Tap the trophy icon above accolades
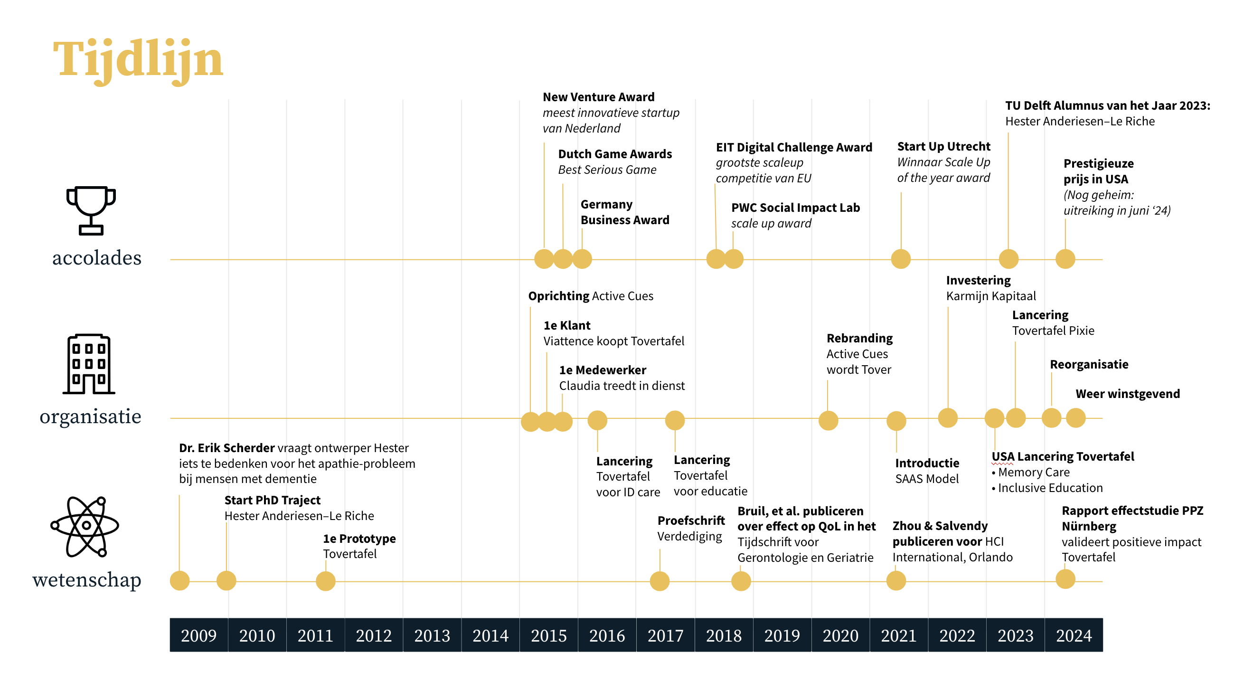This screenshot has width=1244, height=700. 91,210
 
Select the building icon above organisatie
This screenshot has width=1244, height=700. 89,364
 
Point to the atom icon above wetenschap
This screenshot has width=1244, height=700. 85,526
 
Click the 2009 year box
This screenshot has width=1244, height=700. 198,635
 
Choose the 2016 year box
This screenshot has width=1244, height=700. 607,635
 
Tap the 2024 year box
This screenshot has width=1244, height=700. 1074,635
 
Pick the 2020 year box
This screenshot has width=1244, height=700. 840,635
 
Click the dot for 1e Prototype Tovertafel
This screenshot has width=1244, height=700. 326,581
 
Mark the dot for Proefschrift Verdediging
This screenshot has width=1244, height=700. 660,581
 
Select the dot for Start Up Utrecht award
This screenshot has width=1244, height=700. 901,259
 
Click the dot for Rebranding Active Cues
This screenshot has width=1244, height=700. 828,420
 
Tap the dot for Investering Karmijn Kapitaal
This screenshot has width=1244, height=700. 948,418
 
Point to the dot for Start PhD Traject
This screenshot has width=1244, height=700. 226,580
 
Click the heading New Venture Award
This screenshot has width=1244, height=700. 598,97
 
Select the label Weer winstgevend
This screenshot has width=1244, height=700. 1128,394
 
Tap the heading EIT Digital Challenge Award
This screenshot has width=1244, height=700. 794,147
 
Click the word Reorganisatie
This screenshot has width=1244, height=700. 1089,364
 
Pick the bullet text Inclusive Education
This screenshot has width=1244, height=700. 1050,488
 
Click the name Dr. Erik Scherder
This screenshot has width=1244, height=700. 227,448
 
